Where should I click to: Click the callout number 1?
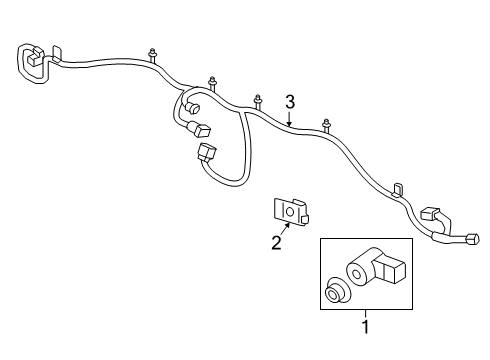tap(366, 327)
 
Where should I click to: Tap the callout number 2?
tap(276, 242)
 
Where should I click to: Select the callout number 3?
tap(290, 102)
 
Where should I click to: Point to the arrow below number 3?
tap(289, 119)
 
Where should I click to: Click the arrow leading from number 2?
tap(284, 229)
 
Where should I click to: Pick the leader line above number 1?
tap(366, 314)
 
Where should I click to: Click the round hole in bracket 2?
tap(289, 212)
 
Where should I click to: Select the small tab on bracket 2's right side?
tap(304, 219)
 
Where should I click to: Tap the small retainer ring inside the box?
tap(337, 290)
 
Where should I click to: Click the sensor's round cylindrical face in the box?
tap(356, 274)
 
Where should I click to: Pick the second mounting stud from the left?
tap(212, 83)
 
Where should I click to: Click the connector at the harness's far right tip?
tap(474, 239)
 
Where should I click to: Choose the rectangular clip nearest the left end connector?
tap(57, 54)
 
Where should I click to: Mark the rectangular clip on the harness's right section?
tap(398, 189)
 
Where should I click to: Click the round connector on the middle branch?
tap(193, 107)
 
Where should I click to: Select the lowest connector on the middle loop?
tap(207, 152)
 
